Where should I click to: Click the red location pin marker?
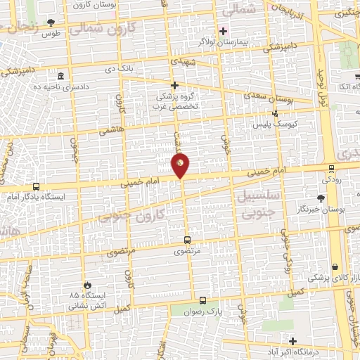coord(181,165)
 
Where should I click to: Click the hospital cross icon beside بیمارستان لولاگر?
coord(224,31)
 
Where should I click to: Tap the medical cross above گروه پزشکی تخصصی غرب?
coord(174,85)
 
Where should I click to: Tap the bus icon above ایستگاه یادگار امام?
coord(36,187)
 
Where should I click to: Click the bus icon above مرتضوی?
coord(186,238)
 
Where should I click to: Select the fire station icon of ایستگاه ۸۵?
coord(87,285)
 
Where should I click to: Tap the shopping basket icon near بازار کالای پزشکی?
coord(334,267)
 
